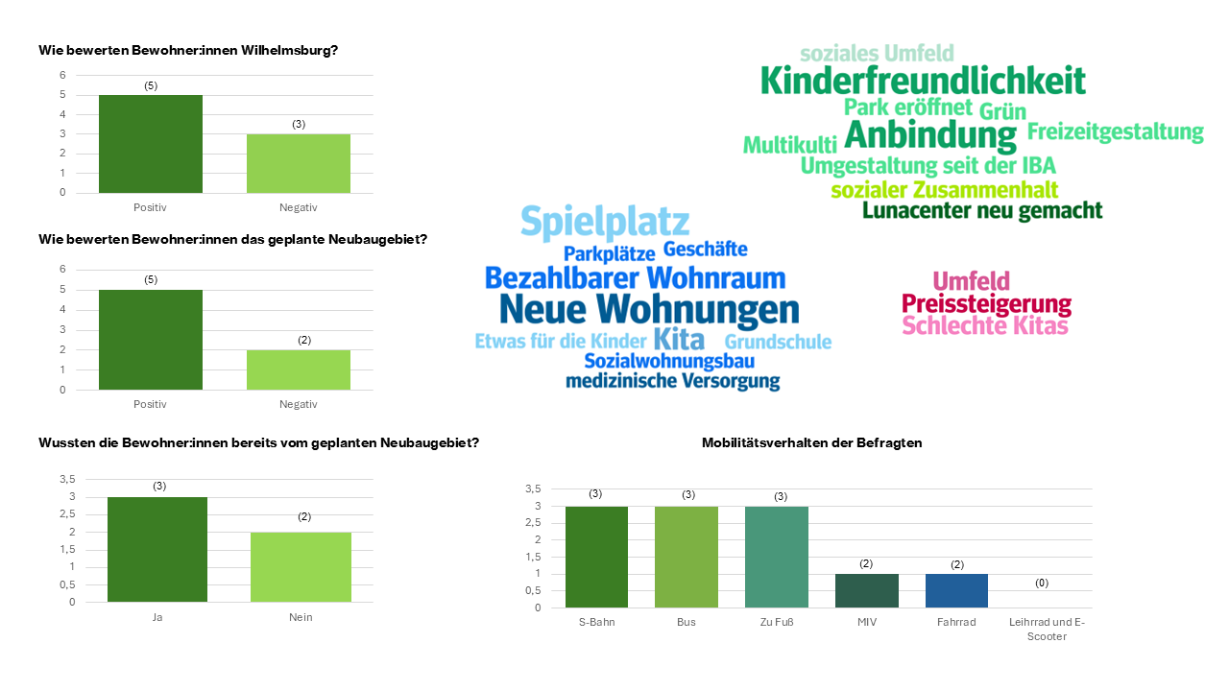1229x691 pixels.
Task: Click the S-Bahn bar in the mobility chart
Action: (x=596, y=557)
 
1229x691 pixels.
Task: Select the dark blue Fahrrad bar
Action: (x=956, y=590)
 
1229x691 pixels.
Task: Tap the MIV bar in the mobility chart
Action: (x=866, y=590)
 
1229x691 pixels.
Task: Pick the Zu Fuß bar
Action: (x=777, y=557)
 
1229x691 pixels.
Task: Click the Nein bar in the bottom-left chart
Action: (x=301, y=566)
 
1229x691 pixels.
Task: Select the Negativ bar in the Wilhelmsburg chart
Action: (x=299, y=163)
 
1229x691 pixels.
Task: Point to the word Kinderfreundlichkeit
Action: (x=923, y=81)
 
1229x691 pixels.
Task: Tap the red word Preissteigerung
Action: (x=986, y=305)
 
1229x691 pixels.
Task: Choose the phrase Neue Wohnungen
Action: (x=649, y=310)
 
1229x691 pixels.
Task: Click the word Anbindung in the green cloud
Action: (x=929, y=135)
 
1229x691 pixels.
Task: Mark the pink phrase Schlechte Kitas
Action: (x=985, y=326)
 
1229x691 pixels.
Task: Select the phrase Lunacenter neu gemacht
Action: (x=982, y=210)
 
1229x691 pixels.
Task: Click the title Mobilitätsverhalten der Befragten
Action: (x=811, y=442)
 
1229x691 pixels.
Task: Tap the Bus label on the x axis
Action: (x=687, y=622)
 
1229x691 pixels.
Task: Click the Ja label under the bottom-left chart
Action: (x=157, y=617)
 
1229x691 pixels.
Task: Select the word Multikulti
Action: (x=789, y=146)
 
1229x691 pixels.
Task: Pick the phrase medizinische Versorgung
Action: (x=672, y=382)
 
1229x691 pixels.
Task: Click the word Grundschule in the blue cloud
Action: (x=778, y=343)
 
